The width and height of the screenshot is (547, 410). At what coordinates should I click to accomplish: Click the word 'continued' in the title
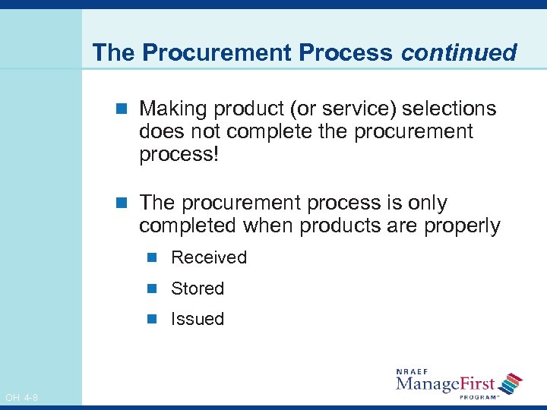459,52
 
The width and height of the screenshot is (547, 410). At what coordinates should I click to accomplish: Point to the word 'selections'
449,109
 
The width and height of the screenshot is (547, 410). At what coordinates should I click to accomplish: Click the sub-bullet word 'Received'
209,257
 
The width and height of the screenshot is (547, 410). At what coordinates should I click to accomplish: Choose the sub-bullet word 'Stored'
198,289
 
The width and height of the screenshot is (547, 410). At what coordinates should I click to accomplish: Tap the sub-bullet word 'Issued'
198,319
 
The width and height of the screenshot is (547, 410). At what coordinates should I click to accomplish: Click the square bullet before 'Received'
152,257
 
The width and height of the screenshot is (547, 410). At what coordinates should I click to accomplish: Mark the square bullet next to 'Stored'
152,289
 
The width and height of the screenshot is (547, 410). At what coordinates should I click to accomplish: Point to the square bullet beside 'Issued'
152,319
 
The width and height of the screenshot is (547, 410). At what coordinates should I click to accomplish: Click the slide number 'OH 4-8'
22,397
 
